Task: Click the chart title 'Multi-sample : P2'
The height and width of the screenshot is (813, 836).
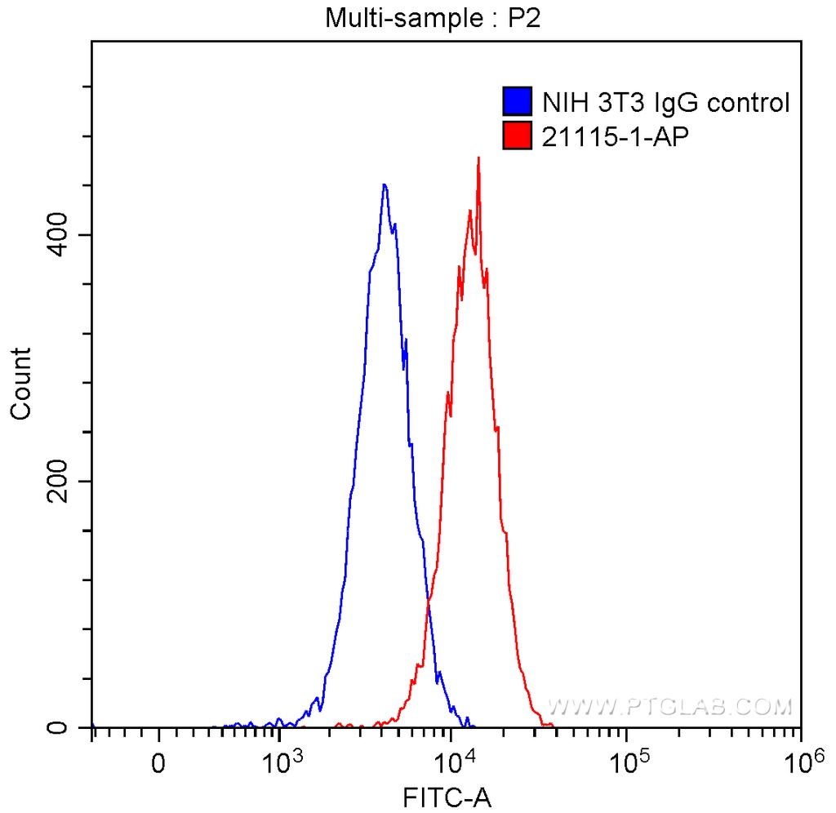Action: click(x=433, y=18)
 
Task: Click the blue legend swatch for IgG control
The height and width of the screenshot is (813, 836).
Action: click(x=518, y=102)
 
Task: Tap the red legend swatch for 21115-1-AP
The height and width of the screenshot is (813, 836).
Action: click(x=518, y=135)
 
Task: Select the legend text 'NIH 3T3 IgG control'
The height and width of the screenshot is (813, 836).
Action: click(x=665, y=103)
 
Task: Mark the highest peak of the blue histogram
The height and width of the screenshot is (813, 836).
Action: click(x=384, y=185)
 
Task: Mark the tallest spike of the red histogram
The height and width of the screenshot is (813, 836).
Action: click(x=478, y=158)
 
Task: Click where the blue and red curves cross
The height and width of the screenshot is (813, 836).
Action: click(x=428, y=604)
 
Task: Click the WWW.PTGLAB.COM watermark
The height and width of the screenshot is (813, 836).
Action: click(x=669, y=706)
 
